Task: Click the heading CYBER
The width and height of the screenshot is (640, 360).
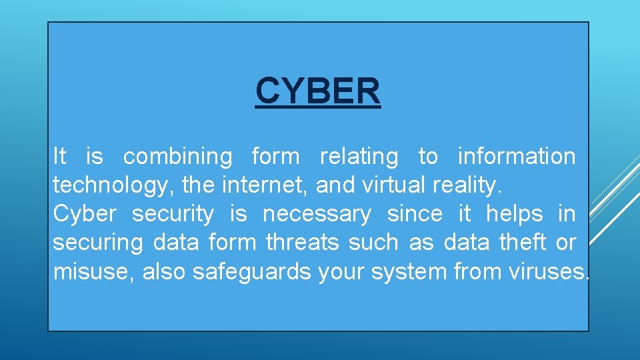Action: click(x=318, y=91)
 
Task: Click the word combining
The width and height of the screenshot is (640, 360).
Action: click(x=178, y=157)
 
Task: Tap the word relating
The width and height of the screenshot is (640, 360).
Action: click(x=359, y=157)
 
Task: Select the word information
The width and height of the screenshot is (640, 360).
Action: click(x=517, y=157)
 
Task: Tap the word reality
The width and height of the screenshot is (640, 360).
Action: click(x=467, y=185)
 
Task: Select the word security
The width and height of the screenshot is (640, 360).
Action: click(x=173, y=214)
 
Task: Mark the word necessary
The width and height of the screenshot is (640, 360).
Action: click(x=317, y=214)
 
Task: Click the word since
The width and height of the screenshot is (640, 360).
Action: click(x=415, y=214)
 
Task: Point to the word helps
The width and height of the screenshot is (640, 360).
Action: click(x=515, y=214)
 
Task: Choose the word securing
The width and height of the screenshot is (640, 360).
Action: click(x=98, y=243)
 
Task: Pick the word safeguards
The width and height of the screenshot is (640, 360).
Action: click(x=251, y=271)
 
